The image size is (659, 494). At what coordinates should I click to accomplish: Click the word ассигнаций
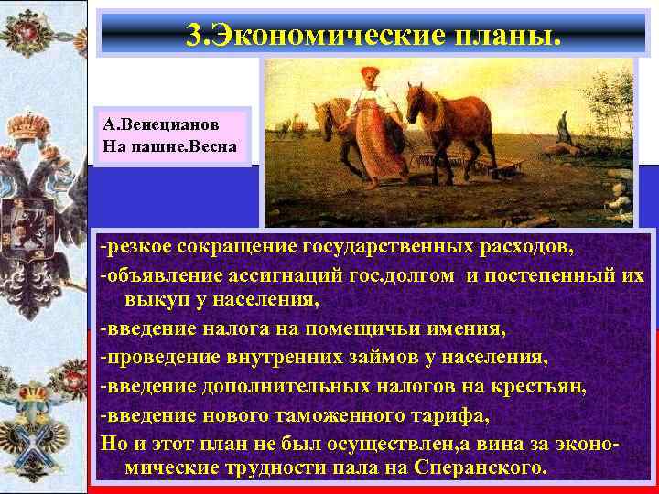coord(284,275)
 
